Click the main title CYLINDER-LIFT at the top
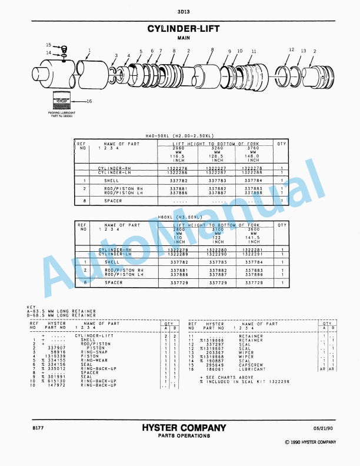pos(180,28)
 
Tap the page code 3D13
pos(180,11)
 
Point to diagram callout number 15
pos(49,45)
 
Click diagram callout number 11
pos(254,51)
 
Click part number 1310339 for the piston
pos(55,356)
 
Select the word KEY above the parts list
pos(32,307)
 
